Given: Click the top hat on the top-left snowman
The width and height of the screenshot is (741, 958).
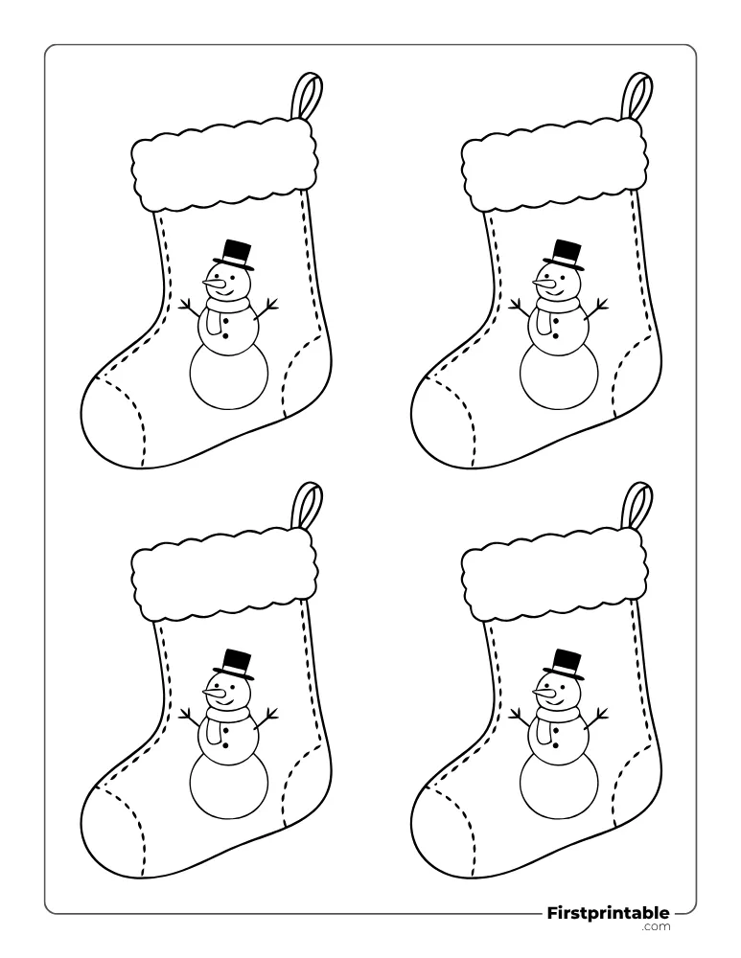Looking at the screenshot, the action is click(237, 256).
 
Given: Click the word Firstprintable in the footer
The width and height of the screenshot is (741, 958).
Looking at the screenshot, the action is click(607, 913).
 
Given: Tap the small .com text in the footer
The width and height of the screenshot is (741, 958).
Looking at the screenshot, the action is click(656, 926).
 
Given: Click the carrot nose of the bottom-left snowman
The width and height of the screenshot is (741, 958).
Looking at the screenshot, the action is click(214, 693).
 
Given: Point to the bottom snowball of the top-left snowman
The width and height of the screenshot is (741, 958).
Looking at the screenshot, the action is click(229, 376).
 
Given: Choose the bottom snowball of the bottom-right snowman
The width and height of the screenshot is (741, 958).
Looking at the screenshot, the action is click(560, 786).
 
